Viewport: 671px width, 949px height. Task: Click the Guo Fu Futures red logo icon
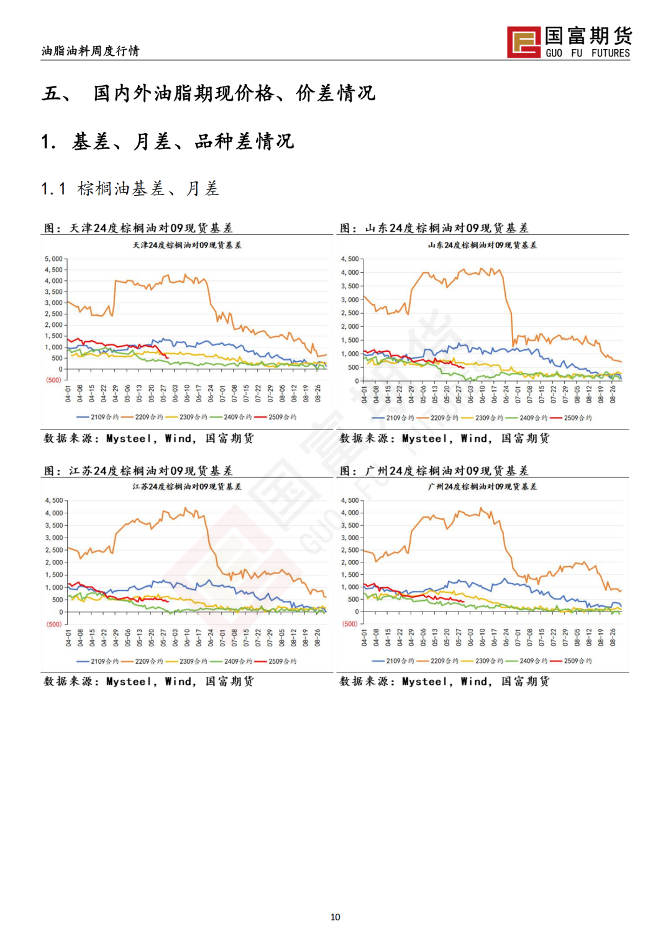click(523, 42)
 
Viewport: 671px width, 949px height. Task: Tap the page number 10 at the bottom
click(335, 917)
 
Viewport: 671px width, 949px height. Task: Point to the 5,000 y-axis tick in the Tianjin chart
click(54, 259)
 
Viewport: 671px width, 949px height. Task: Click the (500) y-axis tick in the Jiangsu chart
click(54, 624)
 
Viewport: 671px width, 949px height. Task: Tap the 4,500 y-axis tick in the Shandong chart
click(350, 259)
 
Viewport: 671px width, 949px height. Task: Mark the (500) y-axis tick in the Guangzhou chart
click(350, 623)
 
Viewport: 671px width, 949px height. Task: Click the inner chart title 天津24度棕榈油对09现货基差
click(187, 245)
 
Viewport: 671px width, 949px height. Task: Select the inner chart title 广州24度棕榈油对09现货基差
click(482, 487)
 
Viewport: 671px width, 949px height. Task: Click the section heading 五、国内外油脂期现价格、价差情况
click(209, 93)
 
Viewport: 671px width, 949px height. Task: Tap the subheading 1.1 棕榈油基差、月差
click(130, 188)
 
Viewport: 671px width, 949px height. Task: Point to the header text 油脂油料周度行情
click(91, 51)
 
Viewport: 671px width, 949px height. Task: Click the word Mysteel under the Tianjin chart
click(129, 438)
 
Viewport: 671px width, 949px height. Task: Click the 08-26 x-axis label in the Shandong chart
click(613, 394)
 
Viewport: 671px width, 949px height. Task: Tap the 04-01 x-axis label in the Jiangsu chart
click(68, 638)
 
